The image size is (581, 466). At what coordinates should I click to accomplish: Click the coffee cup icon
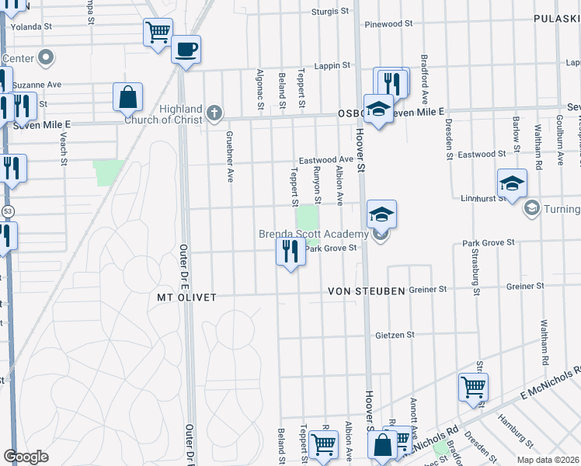186,50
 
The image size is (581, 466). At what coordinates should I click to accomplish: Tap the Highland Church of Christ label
181,114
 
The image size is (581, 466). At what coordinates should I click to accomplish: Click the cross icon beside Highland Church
215,114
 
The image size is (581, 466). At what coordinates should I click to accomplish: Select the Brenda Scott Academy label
314,235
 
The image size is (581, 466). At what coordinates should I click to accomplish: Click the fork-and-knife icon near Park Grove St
290,251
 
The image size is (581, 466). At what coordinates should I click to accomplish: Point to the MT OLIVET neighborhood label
186,297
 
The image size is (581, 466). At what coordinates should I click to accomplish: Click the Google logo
26,457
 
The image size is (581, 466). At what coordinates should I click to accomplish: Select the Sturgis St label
330,12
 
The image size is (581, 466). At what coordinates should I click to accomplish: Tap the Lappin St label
332,66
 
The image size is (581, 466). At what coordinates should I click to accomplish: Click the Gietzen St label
395,335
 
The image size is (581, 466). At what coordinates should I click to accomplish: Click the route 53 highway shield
8,210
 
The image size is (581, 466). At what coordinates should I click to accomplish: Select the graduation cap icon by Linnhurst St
512,183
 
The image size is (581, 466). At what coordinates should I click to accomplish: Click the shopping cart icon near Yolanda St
158,33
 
